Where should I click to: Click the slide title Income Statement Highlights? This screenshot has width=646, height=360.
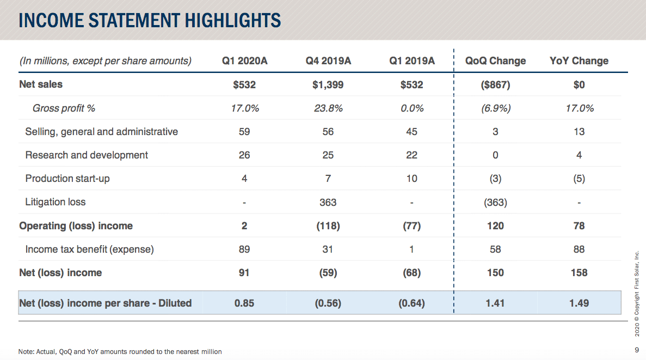pos(150,20)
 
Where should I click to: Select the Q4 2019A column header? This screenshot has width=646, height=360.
pos(328,61)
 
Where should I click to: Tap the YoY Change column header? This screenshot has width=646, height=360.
pos(579,61)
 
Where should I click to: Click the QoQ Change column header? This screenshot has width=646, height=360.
pos(495,61)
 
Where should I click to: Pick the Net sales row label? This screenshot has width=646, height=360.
pos(41,84)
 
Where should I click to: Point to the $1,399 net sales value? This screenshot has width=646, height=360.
pos(328,85)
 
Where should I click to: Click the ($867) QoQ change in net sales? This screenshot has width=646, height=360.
pos(495,85)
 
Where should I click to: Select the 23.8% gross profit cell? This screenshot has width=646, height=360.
pos(328,108)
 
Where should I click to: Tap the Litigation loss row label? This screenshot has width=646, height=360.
pos(56,202)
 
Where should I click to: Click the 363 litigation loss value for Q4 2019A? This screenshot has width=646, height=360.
pos(328,203)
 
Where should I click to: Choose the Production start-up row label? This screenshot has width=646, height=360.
pos(67,179)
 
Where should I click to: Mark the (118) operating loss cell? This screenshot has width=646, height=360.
pos(328,226)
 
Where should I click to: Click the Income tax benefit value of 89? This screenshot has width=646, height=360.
pos(244,249)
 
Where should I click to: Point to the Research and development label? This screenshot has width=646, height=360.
pos(87,155)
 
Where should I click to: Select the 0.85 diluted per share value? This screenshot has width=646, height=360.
pos(244,303)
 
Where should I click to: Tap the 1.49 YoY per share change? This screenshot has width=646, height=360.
pos(579,303)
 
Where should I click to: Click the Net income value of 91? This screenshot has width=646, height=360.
pos(244,273)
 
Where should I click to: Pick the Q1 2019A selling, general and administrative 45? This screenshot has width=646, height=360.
pos(412,132)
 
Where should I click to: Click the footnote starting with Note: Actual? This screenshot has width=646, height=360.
pos(120,352)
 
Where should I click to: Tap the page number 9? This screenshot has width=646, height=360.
pos(636,350)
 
